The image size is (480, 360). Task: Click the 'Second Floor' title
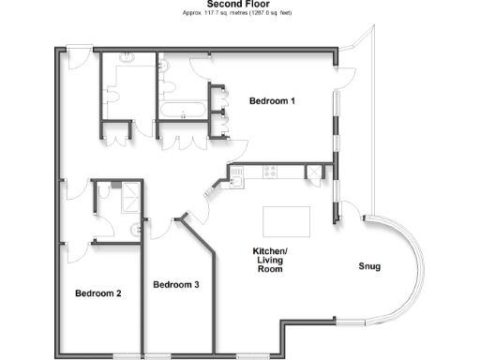coord(239,4)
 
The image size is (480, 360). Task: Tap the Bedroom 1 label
coord(273,100)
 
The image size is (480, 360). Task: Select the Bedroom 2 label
coord(99,293)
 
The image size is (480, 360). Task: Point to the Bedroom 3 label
coord(176,284)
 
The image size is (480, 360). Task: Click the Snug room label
coord(369,266)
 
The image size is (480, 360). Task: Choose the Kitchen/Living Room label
coord(270,260)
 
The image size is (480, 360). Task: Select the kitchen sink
coord(236,173)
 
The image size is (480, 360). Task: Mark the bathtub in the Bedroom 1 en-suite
coord(184,111)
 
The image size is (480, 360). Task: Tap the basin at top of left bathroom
coord(130,59)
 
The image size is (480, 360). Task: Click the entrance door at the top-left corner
coord(79,58)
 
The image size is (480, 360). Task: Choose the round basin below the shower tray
coord(139,228)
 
